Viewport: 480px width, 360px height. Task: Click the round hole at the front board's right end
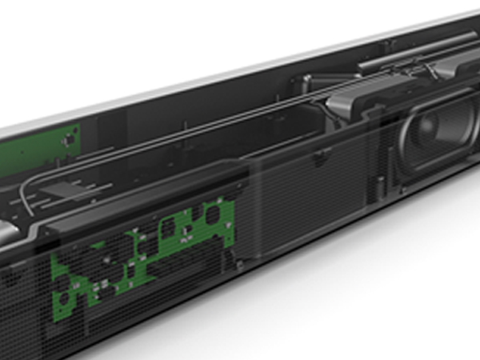click(214, 214)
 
